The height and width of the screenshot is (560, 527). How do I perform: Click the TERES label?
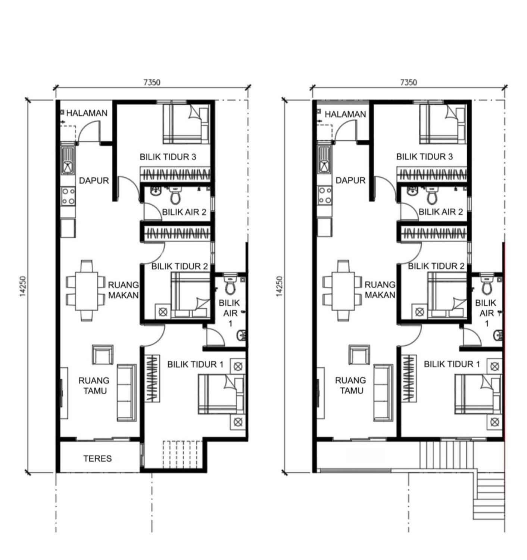click(97, 458)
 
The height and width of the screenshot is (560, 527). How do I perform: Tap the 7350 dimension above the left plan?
click(152, 83)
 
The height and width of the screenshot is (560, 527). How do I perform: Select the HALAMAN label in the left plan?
click(87, 113)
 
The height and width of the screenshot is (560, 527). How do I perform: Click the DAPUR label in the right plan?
click(350, 180)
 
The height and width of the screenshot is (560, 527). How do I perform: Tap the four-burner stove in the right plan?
click(325, 196)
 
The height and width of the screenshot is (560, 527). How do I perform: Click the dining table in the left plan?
click(86, 291)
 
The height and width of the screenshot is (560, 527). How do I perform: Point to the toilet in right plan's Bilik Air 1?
click(487, 285)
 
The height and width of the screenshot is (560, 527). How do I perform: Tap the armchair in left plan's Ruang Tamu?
click(103, 355)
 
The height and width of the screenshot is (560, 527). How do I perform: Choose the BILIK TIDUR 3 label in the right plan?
click(425, 157)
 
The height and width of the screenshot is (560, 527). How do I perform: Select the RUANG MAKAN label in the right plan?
click(380, 290)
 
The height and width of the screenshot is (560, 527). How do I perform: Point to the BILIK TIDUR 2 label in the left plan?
click(180, 267)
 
